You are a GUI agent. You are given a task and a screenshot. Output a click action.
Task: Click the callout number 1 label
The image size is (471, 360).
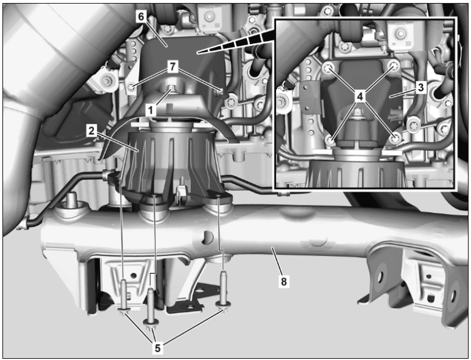pyautogui.click(x=149, y=107)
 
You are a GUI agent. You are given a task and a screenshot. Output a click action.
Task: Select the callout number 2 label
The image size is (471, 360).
pyautogui.click(x=91, y=131)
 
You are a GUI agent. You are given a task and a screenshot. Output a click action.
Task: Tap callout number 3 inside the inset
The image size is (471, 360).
pyautogui.click(x=421, y=88)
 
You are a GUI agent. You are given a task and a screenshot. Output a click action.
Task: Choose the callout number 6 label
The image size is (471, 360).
pyautogui.click(x=141, y=17)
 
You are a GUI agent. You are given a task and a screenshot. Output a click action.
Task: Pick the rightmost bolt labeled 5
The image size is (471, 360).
pyautogui.click(x=224, y=288)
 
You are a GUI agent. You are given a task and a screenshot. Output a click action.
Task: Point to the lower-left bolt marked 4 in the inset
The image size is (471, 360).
pyautogui.click(x=332, y=140)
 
